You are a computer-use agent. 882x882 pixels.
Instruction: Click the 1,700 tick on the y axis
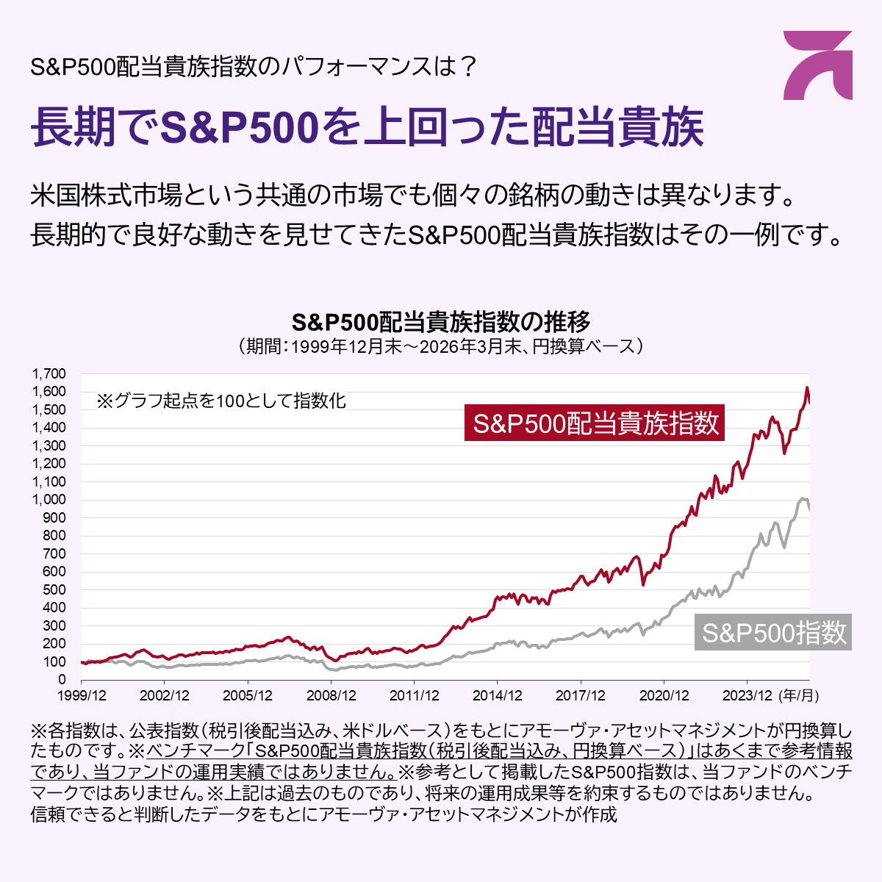coord(49,373)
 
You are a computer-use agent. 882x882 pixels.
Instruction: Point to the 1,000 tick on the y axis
coord(49,500)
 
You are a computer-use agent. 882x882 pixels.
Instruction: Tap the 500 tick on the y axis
coord(55,589)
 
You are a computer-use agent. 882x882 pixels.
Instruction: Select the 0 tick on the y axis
coord(62,680)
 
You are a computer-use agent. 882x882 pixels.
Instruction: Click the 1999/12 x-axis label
coord(81,695)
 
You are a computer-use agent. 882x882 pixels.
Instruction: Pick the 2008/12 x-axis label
coord(331,695)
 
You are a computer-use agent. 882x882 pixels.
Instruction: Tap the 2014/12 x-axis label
coord(498,695)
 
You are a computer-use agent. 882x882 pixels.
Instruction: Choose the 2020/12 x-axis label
coord(664,695)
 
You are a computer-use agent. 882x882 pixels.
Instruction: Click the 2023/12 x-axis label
coord(747,695)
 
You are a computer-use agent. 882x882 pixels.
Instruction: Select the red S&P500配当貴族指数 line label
coord(595,423)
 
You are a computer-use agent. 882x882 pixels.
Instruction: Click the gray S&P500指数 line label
coord(773,633)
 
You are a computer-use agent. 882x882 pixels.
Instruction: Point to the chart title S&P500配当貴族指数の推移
coord(441,322)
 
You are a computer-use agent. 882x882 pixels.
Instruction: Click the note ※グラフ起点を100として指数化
coord(221,401)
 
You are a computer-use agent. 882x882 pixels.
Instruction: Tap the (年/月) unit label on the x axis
coord(799,695)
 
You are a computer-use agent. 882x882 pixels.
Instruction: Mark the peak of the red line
coord(807,387)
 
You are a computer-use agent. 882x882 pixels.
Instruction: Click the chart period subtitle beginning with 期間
coord(441,346)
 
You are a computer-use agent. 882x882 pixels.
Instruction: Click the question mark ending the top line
coord(468,68)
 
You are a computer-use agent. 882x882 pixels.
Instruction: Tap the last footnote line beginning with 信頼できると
coord(323,814)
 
